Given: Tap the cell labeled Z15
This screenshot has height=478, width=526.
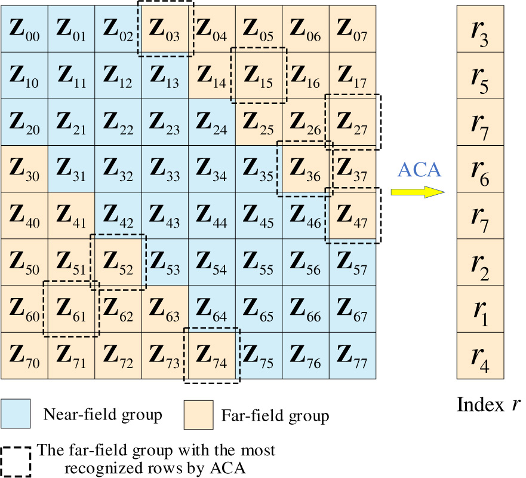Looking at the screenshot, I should pyautogui.click(x=259, y=75).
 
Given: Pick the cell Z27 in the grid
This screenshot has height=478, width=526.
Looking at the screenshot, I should pyautogui.click(x=353, y=122).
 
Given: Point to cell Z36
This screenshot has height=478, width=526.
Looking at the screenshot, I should pyautogui.click(x=306, y=168).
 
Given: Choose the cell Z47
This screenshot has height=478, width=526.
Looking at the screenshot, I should pyautogui.click(x=353, y=215).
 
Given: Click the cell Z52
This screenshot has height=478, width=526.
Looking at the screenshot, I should pyautogui.click(x=118, y=262).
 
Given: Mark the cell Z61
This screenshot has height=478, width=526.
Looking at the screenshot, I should pyautogui.click(x=71, y=308).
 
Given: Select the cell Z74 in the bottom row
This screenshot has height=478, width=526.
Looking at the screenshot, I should pyautogui.click(x=212, y=355).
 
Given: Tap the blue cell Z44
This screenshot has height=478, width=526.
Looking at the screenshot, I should pyautogui.click(x=212, y=215).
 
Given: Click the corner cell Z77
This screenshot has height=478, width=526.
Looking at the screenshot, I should pyautogui.click(x=353, y=355).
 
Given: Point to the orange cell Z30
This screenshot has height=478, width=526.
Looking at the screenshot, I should pyautogui.click(x=24, y=168).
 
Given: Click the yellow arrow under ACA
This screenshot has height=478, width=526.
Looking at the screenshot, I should pyautogui.click(x=418, y=191).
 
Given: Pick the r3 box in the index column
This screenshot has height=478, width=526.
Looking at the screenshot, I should pyautogui.click(x=481, y=29).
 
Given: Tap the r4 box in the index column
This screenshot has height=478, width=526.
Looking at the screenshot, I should pyautogui.click(x=481, y=355).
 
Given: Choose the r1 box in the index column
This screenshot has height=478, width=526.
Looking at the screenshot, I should pyautogui.click(x=481, y=308).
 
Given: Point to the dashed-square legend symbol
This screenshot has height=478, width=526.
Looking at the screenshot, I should pyautogui.click(x=16, y=460).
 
